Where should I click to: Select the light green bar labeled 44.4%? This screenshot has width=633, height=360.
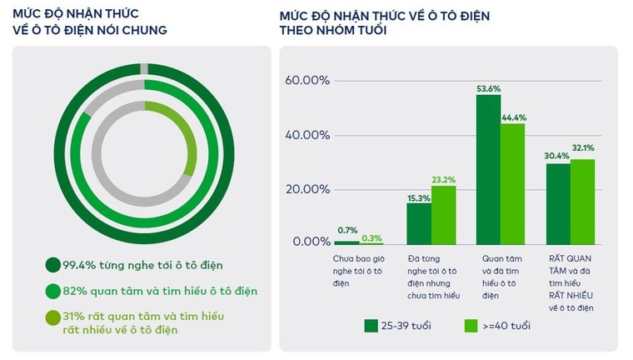(x=512, y=183)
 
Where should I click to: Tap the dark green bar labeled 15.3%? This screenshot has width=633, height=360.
(x=418, y=222)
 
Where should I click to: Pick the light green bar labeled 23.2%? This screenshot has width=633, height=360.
(x=442, y=214)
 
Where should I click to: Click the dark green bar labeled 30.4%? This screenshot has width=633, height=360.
(x=558, y=203)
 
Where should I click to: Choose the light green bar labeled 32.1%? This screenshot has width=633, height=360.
(x=582, y=201)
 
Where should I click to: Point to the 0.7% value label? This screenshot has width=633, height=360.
(x=348, y=230)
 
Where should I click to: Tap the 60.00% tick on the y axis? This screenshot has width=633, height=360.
(x=307, y=81)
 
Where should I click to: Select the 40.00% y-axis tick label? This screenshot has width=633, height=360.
(x=307, y=135)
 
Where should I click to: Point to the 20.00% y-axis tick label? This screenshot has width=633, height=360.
(x=307, y=189)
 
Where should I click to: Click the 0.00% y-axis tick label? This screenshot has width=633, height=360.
(x=310, y=242)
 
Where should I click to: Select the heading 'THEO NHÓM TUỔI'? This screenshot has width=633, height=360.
(x=331, y=30)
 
